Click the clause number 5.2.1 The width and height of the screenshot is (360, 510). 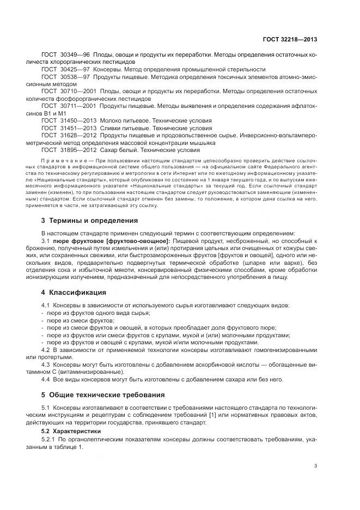click(x=50, y=438)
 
